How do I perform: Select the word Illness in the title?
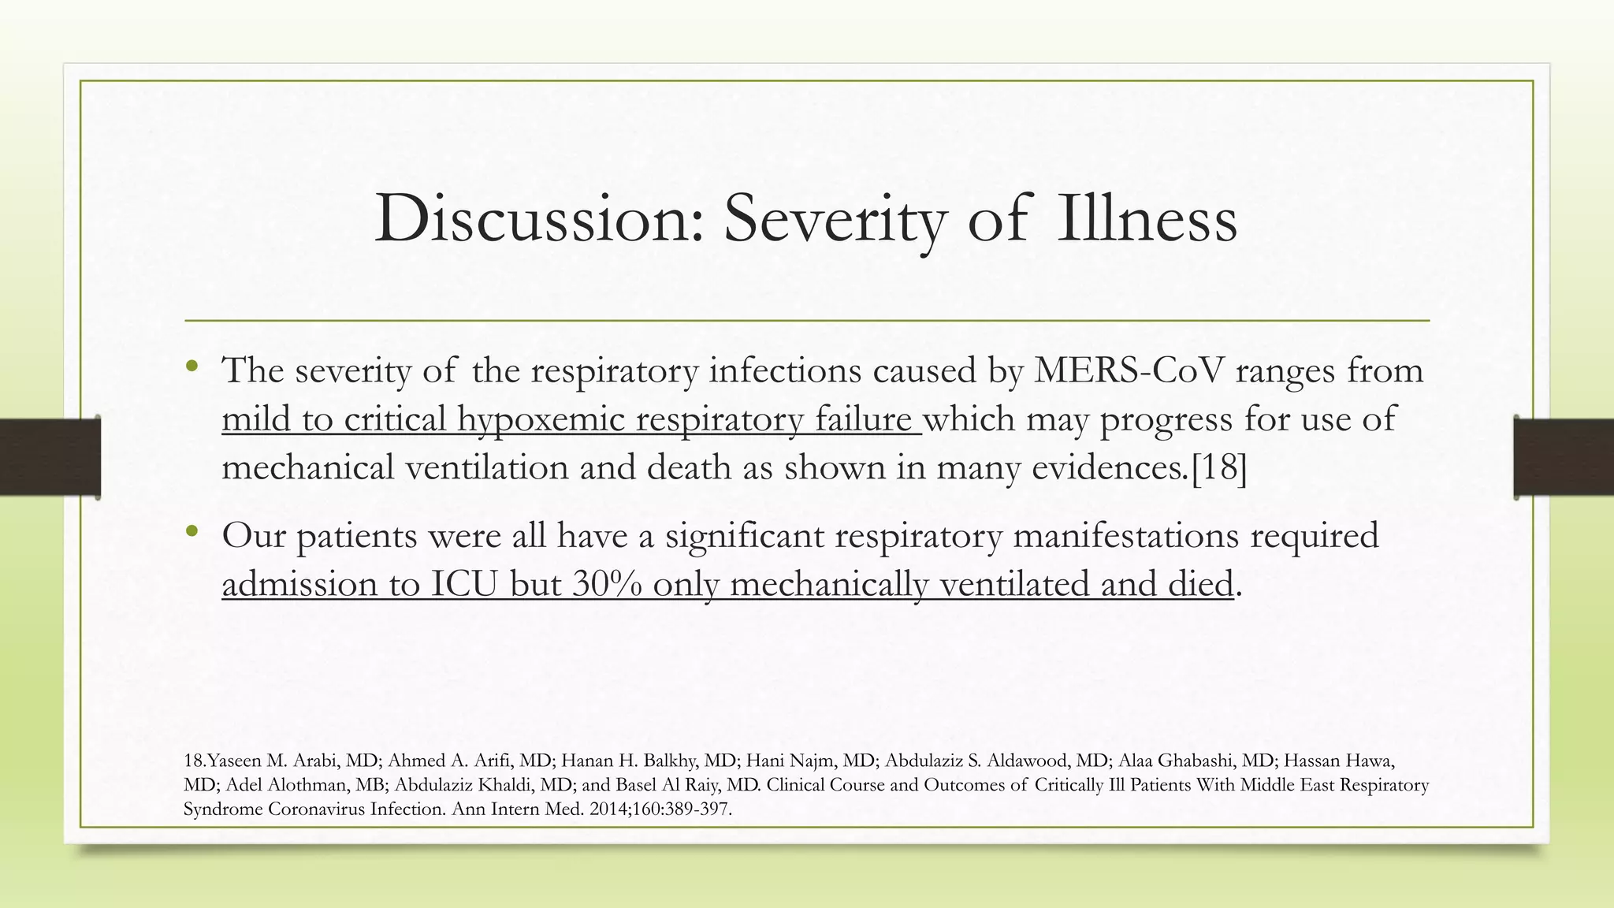[x=1147, y=219]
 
